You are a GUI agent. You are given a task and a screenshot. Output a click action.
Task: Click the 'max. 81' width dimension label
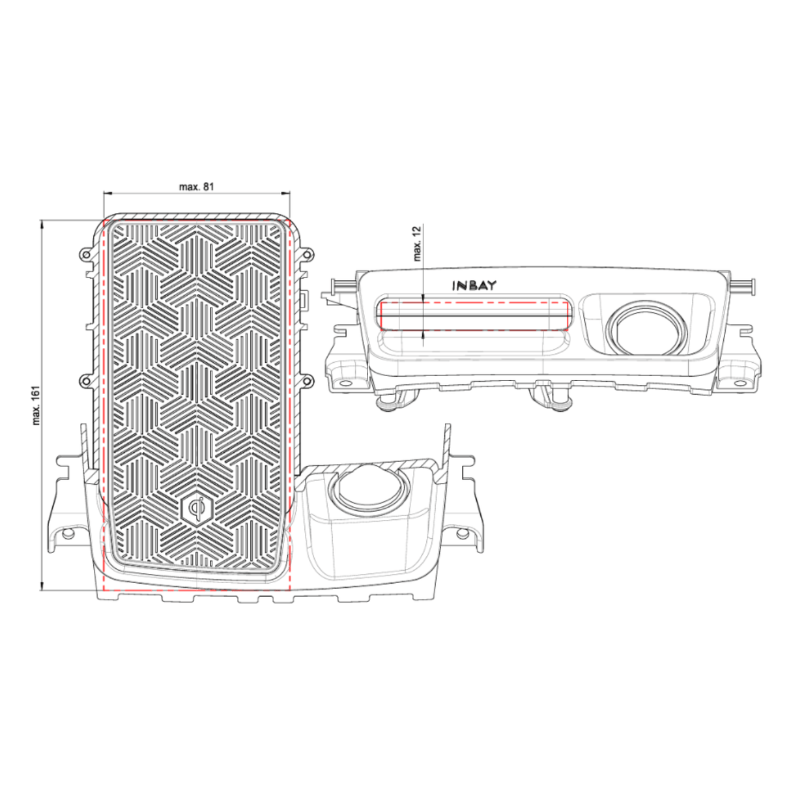[196, 186]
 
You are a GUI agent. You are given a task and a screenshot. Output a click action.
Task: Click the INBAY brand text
[474, 285]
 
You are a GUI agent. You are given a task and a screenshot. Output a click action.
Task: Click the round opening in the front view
[646, 327]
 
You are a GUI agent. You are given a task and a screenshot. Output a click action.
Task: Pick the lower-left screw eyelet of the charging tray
[83, 380]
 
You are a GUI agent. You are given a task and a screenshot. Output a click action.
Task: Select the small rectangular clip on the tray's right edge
[304, 298]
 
